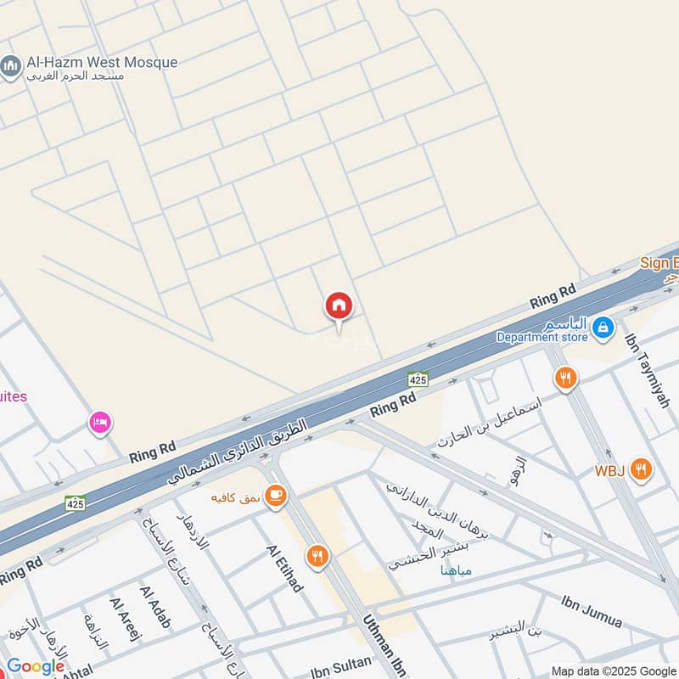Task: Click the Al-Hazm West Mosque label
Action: pos(101,62)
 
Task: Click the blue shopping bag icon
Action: pos(602,327)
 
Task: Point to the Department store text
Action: pos(542,337)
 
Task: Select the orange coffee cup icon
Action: pos(274,497)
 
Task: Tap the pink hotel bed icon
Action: pos(100,422)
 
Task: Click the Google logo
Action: pos(35,666)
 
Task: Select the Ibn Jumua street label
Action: pos(592,611)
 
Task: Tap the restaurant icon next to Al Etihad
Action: pos(317,557)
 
